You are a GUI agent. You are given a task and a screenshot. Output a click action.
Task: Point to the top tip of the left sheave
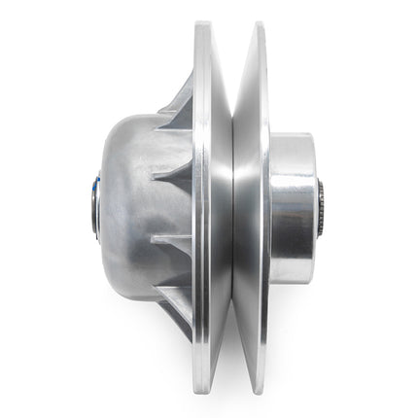[x=205, y=24]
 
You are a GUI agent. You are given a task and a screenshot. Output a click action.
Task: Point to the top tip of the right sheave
[x=258, y=24]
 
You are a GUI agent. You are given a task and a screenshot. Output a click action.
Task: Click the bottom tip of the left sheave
[x=205, y=394]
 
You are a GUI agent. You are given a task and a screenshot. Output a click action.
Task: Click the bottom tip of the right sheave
[x=258, y=394]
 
